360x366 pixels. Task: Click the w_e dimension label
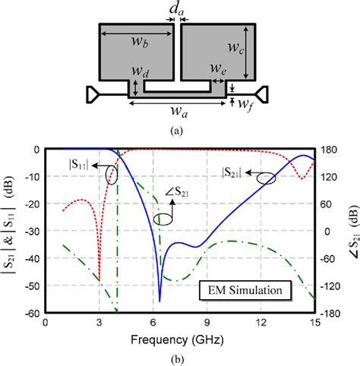coord(218,70)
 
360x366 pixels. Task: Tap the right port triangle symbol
coord(264,94)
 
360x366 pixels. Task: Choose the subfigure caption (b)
coord(179,358)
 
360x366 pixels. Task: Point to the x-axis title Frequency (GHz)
coord(180,339)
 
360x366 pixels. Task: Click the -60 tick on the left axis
coord(33,313)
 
